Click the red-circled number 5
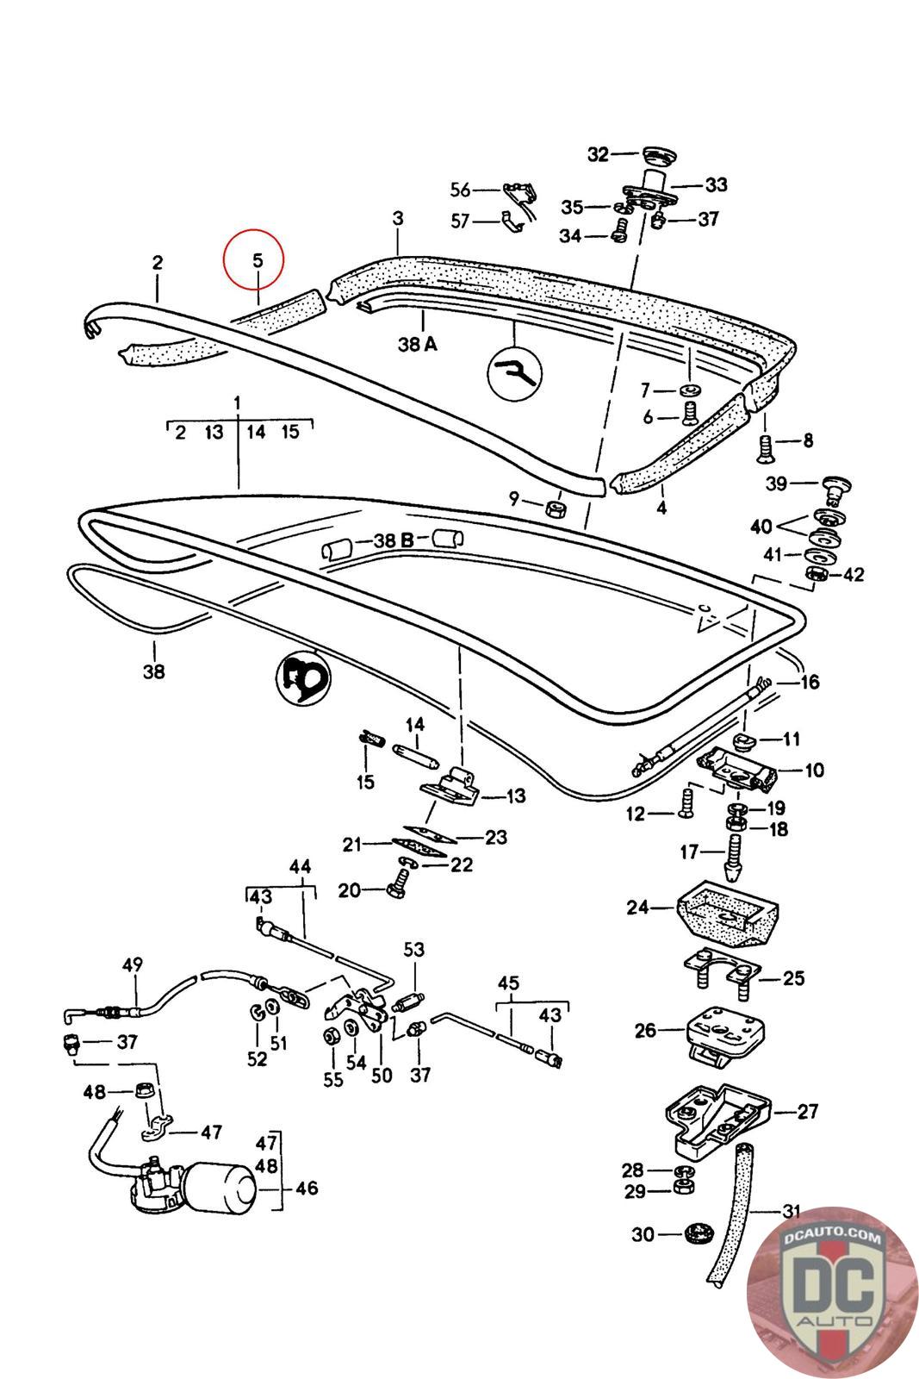[x=258, y=260]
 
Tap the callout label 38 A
[x=418, y=344]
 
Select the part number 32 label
[x=598, y=154]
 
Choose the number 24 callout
[x=637, y=907]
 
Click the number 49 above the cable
[x=133, y=964]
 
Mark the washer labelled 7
[x=691, y=390]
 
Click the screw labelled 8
[x=764, y=448]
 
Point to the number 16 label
[x=810, y=682]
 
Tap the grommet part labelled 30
[x=699, y=1233]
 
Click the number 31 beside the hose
[x=791, y=1212]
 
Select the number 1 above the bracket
[x=238, y=403]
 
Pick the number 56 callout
[x=460, y=190]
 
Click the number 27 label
[x=808, y=1111]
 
